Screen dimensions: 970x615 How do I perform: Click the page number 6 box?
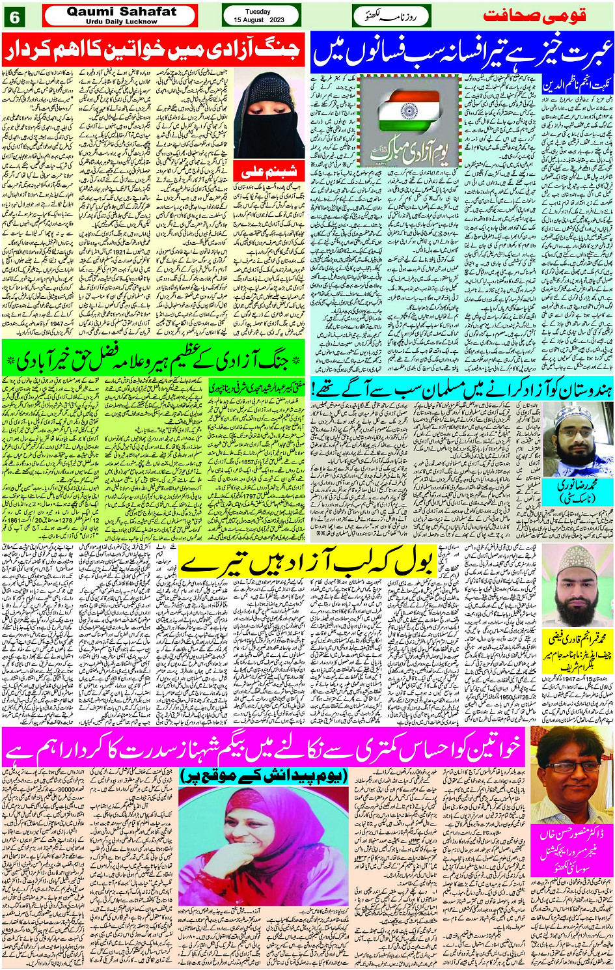coord(15,17)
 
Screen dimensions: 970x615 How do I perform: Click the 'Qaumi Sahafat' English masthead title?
coord(120,11)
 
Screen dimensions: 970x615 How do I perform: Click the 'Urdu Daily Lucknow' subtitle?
coord(121,21)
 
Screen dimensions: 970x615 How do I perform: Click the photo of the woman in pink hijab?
coord(264,847)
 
